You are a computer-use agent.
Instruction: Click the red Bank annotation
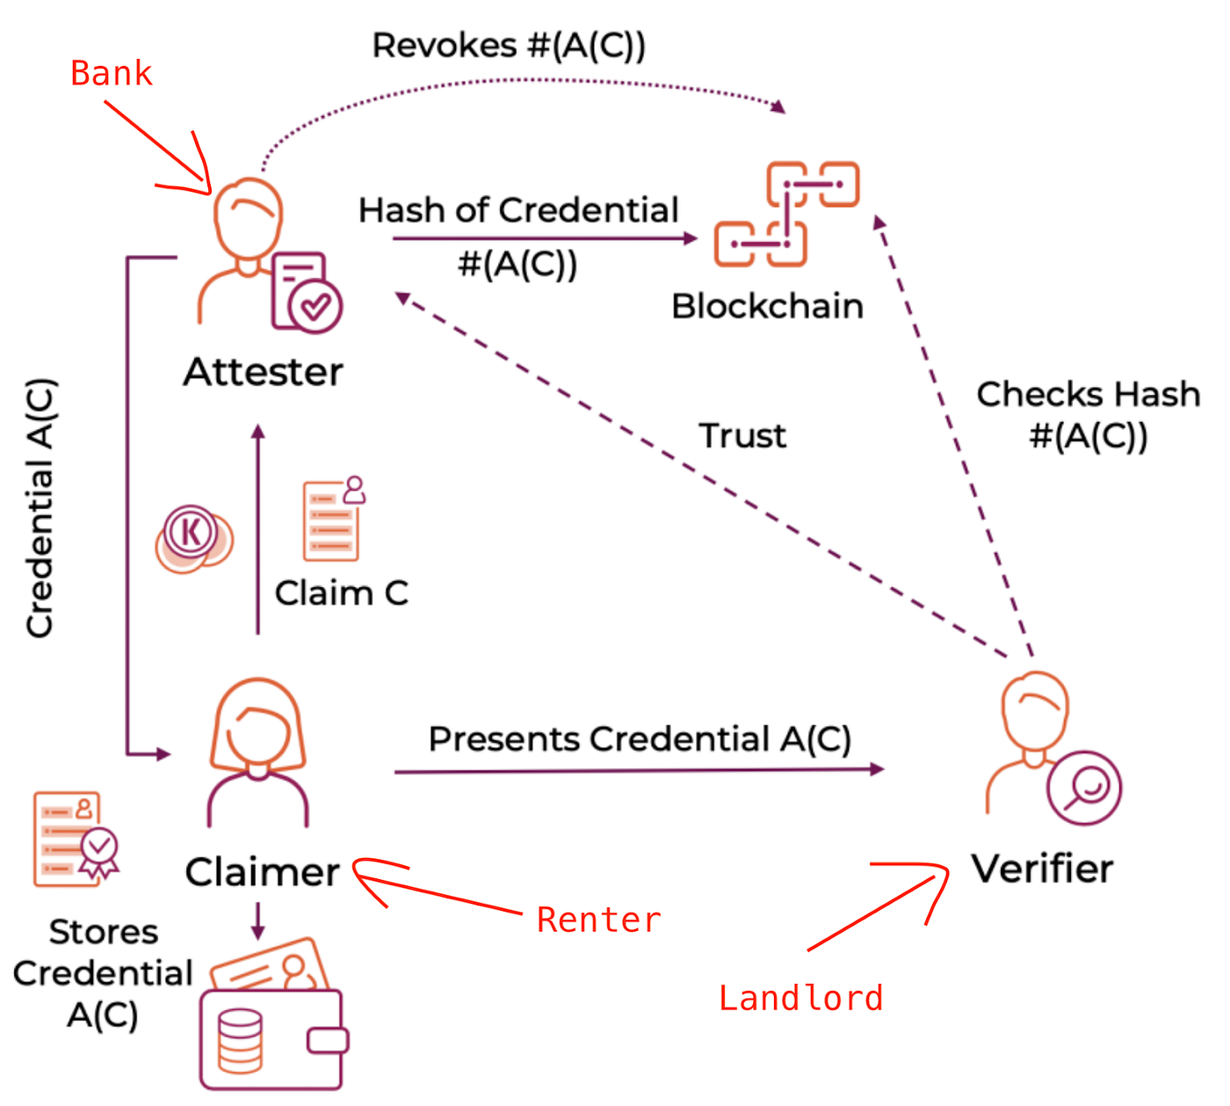(111, 74)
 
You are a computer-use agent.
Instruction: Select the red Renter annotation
(598, 920)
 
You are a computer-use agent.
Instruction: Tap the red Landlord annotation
(800, 999)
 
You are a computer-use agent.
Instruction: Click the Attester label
(263, 372)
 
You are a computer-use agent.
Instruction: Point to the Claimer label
(262, 872)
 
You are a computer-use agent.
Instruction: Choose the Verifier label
(1042, 869)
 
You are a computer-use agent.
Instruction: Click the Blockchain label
(767, 306)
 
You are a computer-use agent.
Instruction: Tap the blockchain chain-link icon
(786, 214)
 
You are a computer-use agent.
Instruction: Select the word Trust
(742, 436)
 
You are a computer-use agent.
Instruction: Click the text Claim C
(341, 593)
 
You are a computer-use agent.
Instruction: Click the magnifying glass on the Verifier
(1086, 788)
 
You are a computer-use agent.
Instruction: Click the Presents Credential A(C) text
(640, 739)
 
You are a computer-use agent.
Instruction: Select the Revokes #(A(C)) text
(509, 46)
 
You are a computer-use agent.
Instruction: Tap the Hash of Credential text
(518, 211)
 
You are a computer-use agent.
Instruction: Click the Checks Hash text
(1088, 395)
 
